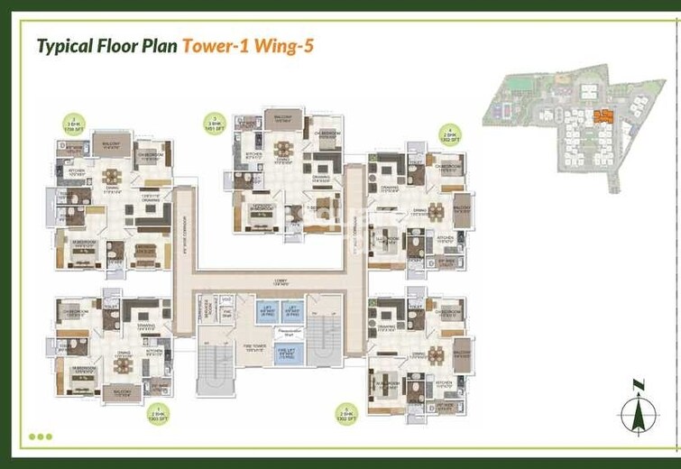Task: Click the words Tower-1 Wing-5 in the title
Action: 248,46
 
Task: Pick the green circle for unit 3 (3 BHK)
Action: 214,121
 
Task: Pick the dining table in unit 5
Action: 437,353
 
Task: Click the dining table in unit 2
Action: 112,177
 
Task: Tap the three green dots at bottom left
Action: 41,437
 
